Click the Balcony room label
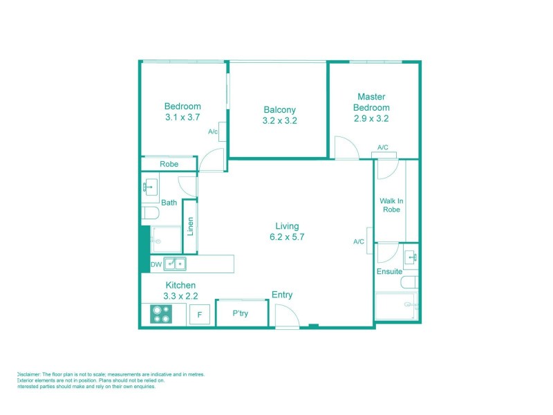tap(279, 109)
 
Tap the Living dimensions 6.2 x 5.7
tap(287, 237)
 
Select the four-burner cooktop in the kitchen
tap(161, 314)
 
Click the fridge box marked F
tap(200, 315)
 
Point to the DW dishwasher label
tap(156, 264)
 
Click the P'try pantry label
tap(240, 313)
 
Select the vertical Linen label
tap(190, 227)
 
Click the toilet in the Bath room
tap(148, 212)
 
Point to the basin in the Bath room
tap(149, 187)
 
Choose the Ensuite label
tap(389, 272)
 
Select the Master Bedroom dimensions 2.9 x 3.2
tap(371, 118)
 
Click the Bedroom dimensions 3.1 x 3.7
tap(182, 118)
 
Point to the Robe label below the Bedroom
tap(169, 165)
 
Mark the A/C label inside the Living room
tap(359, 241)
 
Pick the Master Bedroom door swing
tap(344, 148)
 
